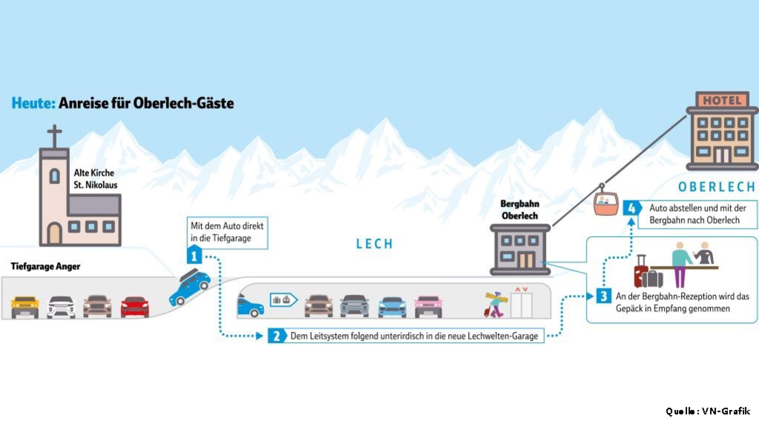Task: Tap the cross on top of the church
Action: click(55, 137)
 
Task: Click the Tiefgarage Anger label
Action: click(45, 266)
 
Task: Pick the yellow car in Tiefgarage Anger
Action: click(24, 306)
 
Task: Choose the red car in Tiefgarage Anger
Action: click(134, 306)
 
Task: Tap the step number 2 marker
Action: click(276, 336)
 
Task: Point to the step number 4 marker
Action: click(631, 209)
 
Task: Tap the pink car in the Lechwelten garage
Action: click(428, 306)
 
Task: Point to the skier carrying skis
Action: click(495, 302)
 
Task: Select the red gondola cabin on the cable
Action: click(606, 203)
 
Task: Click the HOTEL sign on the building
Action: click(722, 100)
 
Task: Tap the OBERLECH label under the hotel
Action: click(716, 186)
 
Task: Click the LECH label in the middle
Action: click(375, 244)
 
